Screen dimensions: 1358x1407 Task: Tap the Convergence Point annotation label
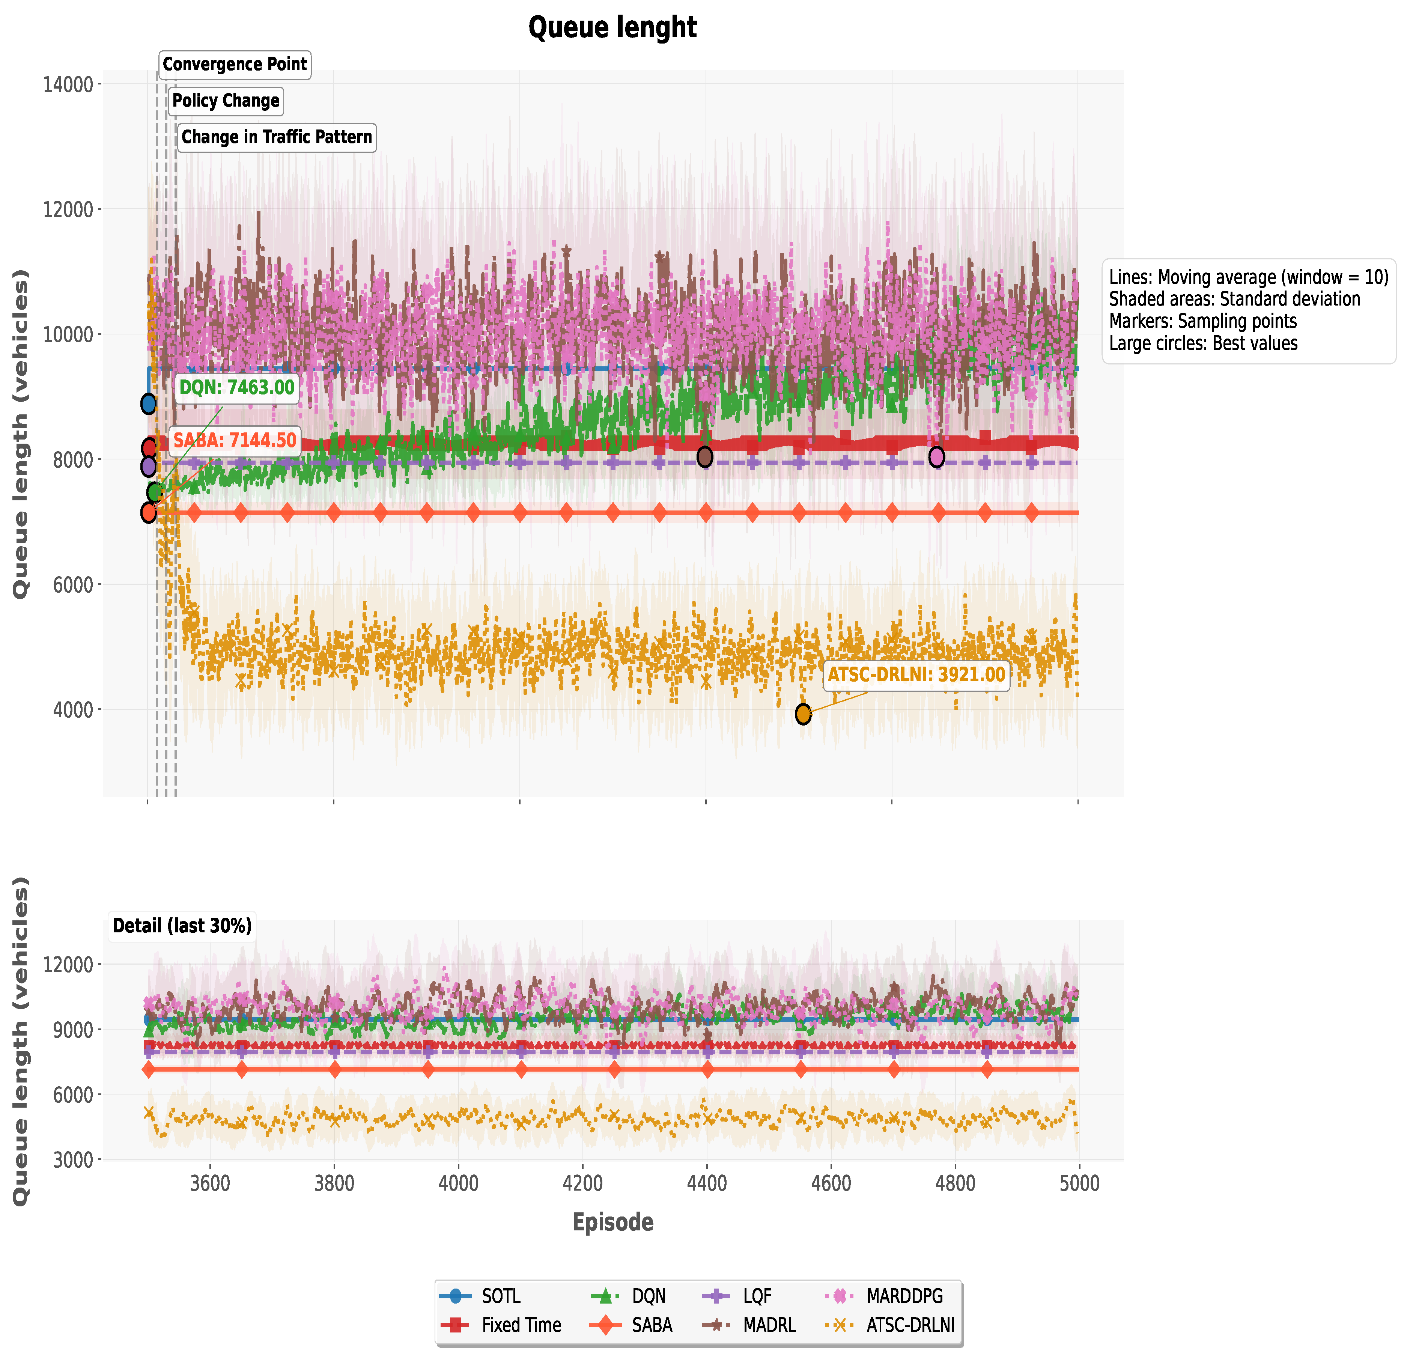234,65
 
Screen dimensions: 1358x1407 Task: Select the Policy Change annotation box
226,101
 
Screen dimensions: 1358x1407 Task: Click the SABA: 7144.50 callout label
234,441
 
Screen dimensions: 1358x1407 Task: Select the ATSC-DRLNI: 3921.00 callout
916,675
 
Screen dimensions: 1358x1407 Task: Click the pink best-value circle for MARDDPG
936,456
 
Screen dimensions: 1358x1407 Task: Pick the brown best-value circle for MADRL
705,456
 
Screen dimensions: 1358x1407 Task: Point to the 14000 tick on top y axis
68,85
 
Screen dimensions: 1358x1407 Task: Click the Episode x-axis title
612,1223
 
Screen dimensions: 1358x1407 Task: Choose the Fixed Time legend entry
521,1326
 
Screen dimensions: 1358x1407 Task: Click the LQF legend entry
757,1296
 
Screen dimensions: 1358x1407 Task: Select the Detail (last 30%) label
182,926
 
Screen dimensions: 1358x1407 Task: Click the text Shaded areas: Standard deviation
1234,299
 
